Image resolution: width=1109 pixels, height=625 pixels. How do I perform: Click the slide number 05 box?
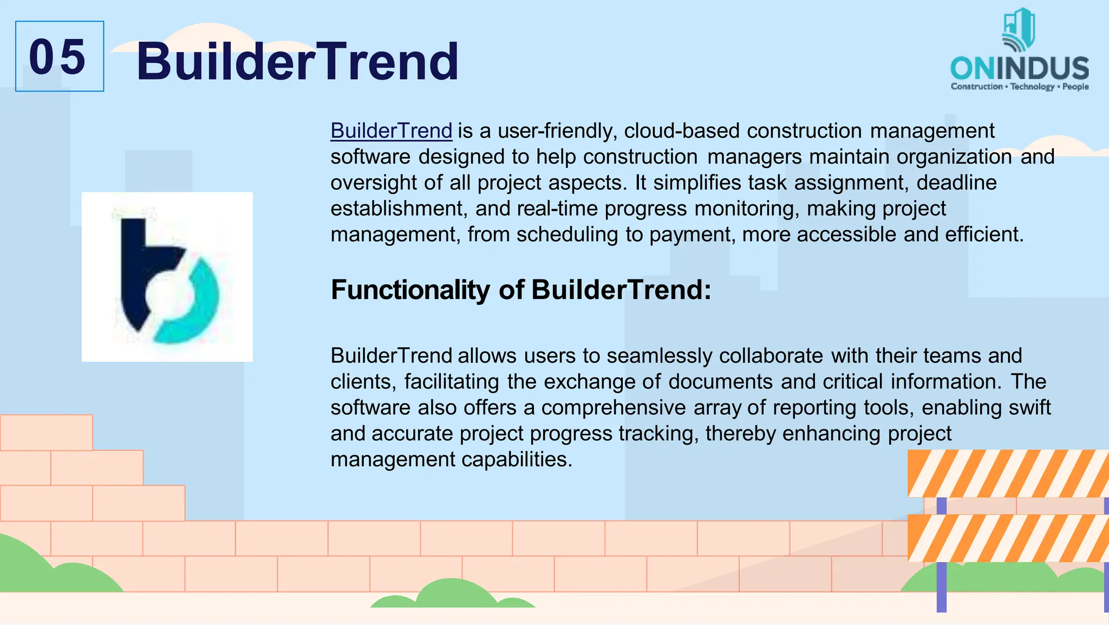(60, 56)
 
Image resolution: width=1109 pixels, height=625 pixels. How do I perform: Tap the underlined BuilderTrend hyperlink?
(391, 131)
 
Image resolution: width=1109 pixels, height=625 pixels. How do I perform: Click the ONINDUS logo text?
(1019, 68)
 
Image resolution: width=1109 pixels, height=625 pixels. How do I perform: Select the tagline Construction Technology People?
(1019, 87)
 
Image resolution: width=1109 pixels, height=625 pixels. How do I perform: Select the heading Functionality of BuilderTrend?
(520, 290)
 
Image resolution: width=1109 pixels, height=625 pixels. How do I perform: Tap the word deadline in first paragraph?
(956, 183)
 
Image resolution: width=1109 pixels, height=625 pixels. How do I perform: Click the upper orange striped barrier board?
(1007, 473)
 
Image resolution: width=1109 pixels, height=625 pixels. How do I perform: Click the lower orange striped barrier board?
(1007, 538)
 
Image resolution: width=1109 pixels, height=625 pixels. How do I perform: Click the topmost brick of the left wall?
(46, 432)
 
